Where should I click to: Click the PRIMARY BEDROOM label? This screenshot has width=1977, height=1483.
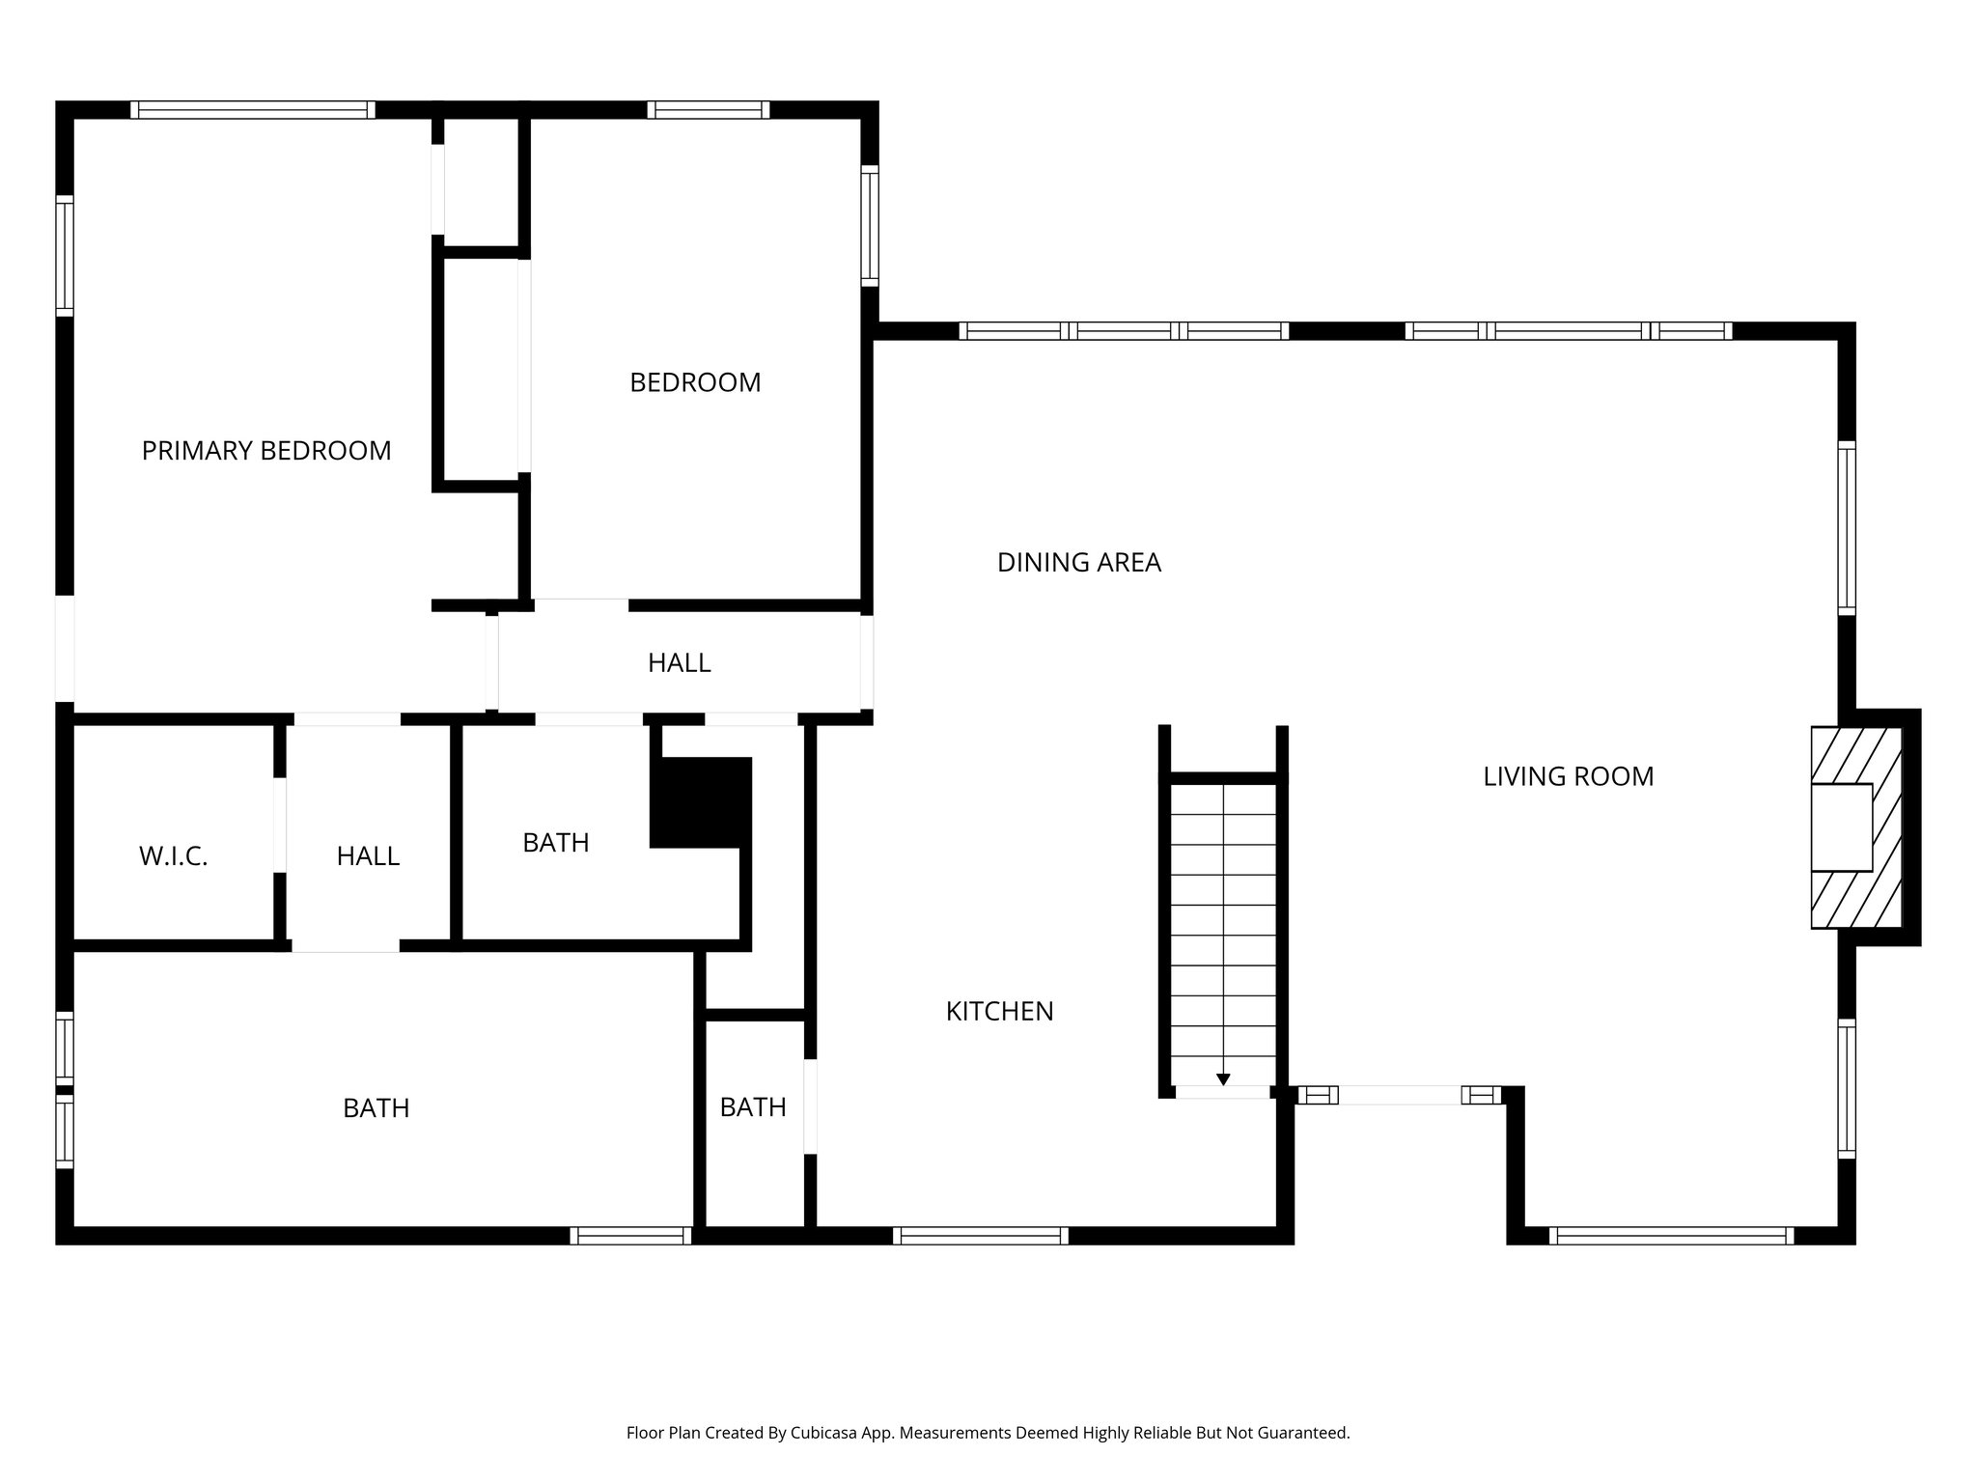[x=266, y=451]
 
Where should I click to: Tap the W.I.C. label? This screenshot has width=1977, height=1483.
[x=174, y=856]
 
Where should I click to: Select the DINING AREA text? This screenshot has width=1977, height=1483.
[x=1078, y=563]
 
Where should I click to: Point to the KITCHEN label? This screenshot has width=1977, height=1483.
[x=999, y=1012]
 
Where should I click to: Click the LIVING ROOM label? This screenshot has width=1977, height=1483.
[x=1568, y=776]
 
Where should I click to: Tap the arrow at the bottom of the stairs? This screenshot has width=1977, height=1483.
[x=1223, y=1079]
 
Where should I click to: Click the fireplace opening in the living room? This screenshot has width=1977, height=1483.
[x=1841, y=827]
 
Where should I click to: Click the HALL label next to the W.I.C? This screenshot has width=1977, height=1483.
[x=368, y=856]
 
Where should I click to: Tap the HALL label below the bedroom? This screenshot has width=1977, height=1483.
[x=679, y=663]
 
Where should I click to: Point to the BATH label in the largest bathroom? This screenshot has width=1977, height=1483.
[x=376, y=1108]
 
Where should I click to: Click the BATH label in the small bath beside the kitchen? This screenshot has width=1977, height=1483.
[x=753, y=1107]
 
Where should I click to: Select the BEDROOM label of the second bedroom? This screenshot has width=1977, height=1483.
[x=695, y=383]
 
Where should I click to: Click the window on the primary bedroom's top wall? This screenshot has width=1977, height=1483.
[x=253, y=110]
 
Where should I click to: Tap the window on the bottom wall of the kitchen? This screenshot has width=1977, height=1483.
[x=981, y=1236]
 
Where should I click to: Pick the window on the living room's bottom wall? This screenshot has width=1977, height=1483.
[x=1671, y=1236]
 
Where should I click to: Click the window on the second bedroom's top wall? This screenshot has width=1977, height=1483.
[x=709, y=110]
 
